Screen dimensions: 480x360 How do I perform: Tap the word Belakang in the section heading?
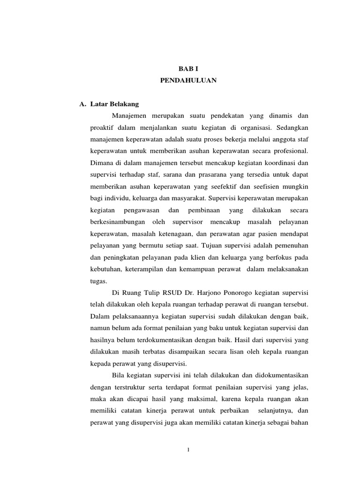[x=124, y=104]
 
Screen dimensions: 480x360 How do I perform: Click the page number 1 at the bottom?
[x=188, y=451]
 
